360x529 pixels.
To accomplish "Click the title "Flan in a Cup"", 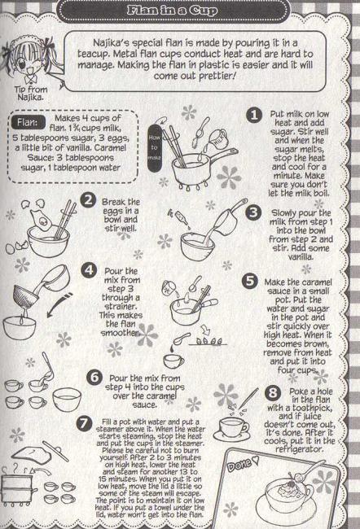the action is (172, 10).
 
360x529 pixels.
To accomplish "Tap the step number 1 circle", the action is (254, 115).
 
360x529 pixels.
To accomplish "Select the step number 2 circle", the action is (88, 199).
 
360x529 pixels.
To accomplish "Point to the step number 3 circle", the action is (253, 212).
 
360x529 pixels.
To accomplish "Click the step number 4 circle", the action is (89, 270).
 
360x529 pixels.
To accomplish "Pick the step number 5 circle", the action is (250, 281).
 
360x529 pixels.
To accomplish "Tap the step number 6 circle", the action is (94, 377).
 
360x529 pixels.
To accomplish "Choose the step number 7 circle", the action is (84, 423).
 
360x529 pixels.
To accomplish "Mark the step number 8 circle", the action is (273, 392).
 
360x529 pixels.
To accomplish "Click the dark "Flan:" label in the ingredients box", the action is (28, 122).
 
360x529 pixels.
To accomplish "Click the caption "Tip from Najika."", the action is (31, 94).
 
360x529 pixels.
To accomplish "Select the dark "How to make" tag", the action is (154, 147).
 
